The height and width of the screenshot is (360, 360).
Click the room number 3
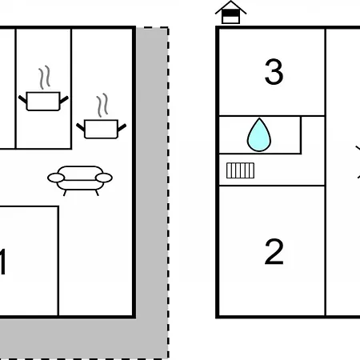pos(274,72)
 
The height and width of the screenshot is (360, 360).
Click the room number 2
pos(274,252)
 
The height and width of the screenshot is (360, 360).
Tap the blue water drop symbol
pos(259,135)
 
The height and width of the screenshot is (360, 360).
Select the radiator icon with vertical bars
pos(240,170)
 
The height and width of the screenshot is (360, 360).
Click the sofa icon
pos(80,180)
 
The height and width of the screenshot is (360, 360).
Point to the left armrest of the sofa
pos(56,178)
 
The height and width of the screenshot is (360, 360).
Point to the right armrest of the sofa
pos(104,178)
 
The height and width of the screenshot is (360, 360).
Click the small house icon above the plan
pos(230,12)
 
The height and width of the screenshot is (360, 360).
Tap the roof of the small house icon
pos(230,6)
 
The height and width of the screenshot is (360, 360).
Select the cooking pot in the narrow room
pos(43,101)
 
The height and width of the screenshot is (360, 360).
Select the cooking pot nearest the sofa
pos(101,129)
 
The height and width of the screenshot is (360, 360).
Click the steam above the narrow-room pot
pos(45,77)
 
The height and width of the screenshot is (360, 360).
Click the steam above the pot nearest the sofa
pos(102,105)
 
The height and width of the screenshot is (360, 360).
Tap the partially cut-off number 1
pos(2,262)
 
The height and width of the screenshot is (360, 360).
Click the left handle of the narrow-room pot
pos(22,99)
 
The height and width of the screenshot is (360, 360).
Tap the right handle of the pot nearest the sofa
pos(122,127)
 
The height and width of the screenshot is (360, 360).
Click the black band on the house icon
pos(230,13)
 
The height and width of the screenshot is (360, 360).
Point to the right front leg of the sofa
pos(97,193)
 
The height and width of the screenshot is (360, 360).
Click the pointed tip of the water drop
pos(259,118)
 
